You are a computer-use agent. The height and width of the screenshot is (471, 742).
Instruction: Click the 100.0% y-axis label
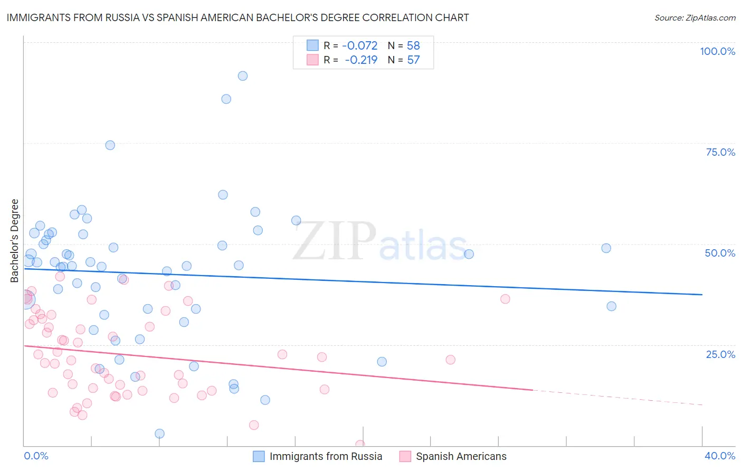point(717,51)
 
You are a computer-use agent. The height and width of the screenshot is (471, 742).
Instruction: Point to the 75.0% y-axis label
point(720,152)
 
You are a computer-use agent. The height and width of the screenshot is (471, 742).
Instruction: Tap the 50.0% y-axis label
point(720,253)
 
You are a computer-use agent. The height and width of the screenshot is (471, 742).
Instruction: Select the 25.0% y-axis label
point(720,354)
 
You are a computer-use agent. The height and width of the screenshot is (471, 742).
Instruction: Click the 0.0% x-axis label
point(36,456)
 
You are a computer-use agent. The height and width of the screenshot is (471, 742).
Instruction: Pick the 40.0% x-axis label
point(719,456)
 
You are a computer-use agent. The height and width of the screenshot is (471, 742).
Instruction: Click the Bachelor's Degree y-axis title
point(15,241)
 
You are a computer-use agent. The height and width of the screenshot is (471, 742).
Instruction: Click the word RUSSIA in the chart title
point(121,18)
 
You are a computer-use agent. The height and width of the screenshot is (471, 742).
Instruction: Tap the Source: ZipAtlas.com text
point(695,18)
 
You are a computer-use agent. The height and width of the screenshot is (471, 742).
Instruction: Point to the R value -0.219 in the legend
point(361,60)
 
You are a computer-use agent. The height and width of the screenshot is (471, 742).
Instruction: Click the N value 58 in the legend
point(413,46)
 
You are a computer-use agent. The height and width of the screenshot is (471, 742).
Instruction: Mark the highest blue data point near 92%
point(243,76)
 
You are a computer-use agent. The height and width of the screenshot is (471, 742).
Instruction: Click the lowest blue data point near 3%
point(159,434)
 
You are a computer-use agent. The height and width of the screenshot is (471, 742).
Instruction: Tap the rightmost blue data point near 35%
point(611,306)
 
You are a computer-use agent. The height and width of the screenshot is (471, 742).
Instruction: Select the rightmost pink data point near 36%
point(505,299)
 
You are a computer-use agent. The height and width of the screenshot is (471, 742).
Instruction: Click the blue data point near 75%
point(110,145)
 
